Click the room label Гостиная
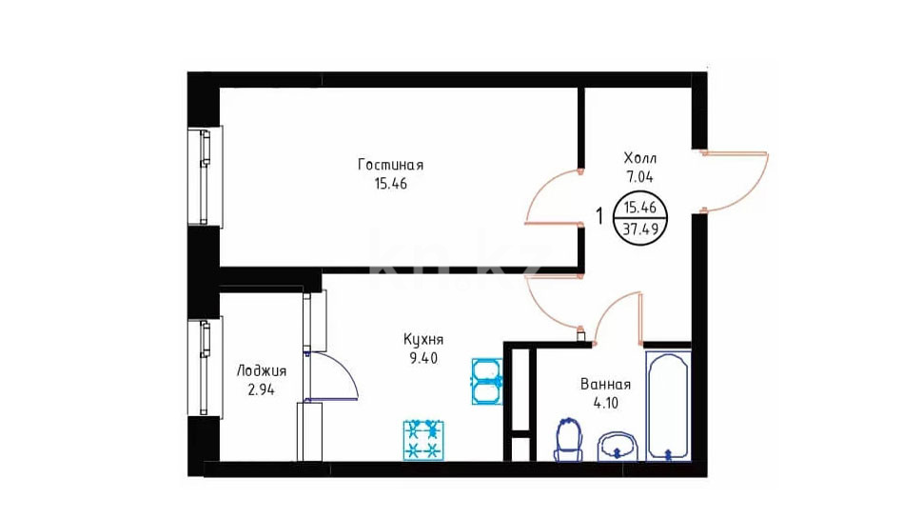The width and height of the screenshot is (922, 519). [390, 165]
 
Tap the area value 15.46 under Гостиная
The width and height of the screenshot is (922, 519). [391, 184]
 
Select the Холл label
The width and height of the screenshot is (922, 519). [640, 158]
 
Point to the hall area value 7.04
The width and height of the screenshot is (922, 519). [639, 176]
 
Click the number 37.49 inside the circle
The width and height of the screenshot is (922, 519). [640, 230]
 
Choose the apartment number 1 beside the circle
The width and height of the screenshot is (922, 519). [599, 216]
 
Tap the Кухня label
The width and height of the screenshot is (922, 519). [423, 339]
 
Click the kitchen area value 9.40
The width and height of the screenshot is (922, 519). [423, 358]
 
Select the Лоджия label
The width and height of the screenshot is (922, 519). [262, 370]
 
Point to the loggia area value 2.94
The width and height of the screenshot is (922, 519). [261, 389]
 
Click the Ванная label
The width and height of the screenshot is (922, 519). [606, 384]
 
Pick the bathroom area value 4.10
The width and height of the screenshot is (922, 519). [606, 403]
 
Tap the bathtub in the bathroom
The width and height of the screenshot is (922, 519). [668, 406]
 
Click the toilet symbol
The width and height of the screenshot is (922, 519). [569, 440]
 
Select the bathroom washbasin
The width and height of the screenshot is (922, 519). [618, 447]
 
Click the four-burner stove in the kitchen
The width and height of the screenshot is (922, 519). [423, 440]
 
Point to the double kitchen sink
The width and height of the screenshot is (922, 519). [487, 382]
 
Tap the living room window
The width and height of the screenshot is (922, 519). [205, 176]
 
